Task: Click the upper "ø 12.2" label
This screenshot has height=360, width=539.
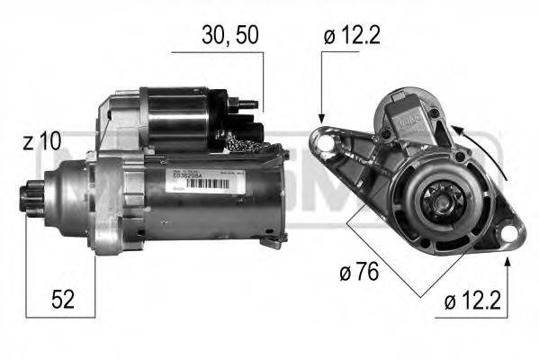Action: [x=353, y=36]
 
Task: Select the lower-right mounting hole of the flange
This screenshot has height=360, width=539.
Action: [x=512, y=237]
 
